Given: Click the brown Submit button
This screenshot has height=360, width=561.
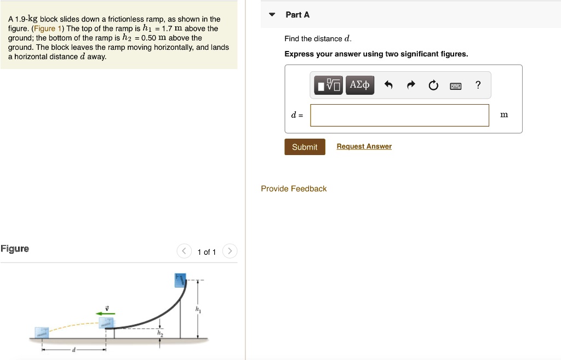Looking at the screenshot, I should tap(305, 147).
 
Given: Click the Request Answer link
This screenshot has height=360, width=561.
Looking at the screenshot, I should tap(364, 146).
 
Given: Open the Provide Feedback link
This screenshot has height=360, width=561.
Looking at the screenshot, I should tap(294, 188).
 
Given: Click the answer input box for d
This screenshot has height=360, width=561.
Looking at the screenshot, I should tap(399, 115).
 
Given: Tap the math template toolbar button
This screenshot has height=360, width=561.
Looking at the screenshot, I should tap(328, 85).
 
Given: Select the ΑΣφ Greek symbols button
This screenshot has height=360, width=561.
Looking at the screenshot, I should tap(360, 85).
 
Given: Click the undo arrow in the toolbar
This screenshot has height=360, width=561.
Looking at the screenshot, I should tap(388, 85).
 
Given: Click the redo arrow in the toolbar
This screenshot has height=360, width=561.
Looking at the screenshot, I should tap(411, 85).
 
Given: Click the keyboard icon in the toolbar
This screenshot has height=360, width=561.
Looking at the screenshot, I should tap(456, 85).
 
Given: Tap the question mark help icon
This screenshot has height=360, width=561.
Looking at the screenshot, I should tap(478, 85).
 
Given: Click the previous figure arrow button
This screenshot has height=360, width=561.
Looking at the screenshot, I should tap(185, 252).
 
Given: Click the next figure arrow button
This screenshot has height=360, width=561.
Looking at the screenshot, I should tap(230, 252).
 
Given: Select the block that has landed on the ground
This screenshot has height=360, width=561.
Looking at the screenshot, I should tap(42, 332).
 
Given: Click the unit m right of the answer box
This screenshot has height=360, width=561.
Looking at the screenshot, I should tap(504, 115).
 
